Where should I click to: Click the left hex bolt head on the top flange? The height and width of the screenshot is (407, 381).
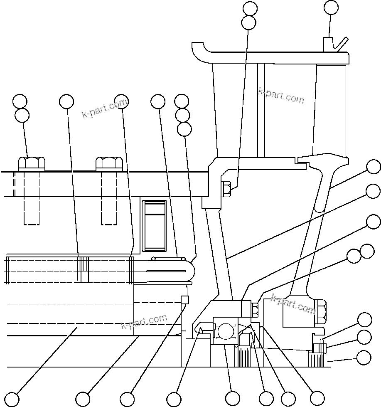(x=32, y=163)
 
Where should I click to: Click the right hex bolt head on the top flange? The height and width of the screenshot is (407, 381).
(x=109, y=163)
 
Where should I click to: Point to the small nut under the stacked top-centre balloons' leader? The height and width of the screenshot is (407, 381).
(x=227, y=190)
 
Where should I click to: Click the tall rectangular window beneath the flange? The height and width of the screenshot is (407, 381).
(x=154, y=226)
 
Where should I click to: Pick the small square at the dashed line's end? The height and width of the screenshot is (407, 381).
(x=185, y=300)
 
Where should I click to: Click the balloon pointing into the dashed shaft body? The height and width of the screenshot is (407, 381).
(x=12, y=399)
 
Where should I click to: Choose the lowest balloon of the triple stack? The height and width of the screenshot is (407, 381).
(x=184, y=129)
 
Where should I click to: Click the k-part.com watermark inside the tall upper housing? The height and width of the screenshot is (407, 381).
(x=281, y=96)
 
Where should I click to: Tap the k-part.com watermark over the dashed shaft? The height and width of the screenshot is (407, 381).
(x=144, y=321)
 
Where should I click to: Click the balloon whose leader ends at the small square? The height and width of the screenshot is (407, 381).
(x=128, y=399)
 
